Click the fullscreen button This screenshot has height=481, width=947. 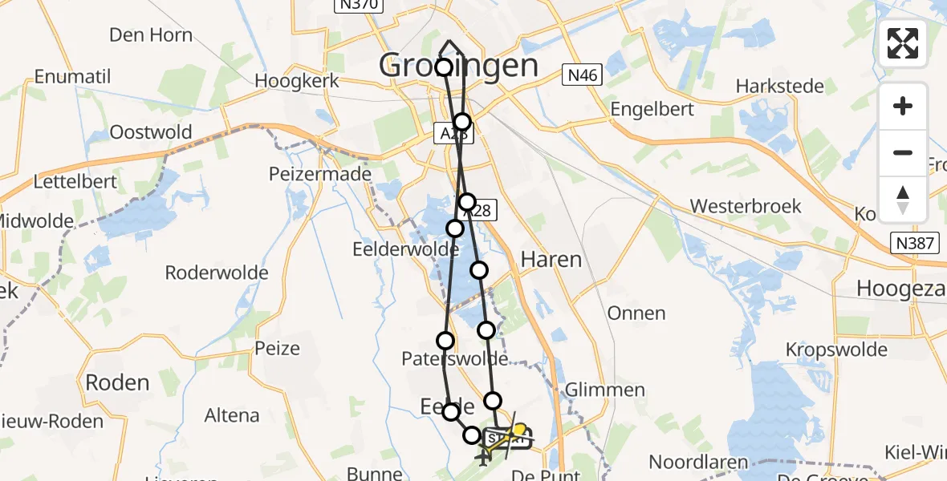pyautogui.click(x=903, y=43)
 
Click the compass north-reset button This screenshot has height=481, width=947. pyautogui.click(x=903, y=199)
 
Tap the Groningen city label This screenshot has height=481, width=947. pyautogui.click(x=458, y=66)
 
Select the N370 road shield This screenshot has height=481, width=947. pyautogui.click(x=359, y=5)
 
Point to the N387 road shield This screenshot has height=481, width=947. pyautogui.click(x=916, y=242)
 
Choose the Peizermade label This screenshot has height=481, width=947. pyautogui.click(x=320, y=174)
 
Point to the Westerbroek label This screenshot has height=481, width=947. pyautogui.click(x=746, y=206)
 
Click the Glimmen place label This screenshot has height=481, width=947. pyautogui.click(x=605, y=390)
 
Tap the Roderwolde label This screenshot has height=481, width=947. pyautogui.click(x=217, y=273)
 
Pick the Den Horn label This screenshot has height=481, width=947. pyautogui.click(x=151, y=34)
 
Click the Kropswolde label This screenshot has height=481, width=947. pyautogui.click(x=836, y=350)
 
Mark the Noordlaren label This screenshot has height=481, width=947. pyautogui.click(x=699, y=462)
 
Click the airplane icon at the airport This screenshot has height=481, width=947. pyautogui.click(x=483, y=458)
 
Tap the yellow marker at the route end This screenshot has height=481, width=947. pyautogui.click(x=519, y=430)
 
